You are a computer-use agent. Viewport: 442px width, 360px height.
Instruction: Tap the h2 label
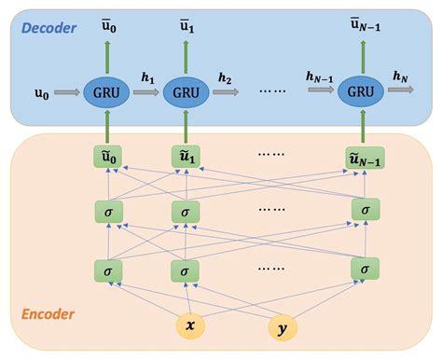(225, 79)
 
